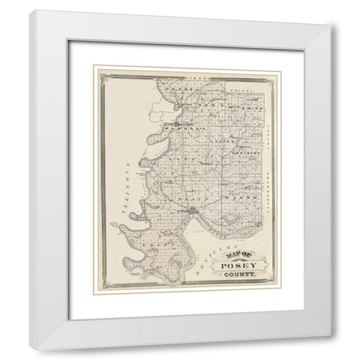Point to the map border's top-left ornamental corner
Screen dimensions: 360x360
coord(97,70)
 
